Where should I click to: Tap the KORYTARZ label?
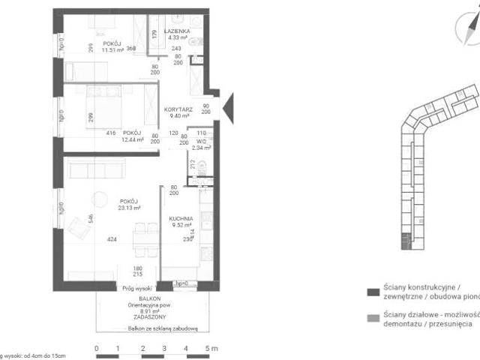pyautogui.click(x=178, y=109)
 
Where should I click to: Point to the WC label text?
pyautogui.click(x=200, y=140)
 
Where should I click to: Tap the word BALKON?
pyautogui.click(x=136, y=298)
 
